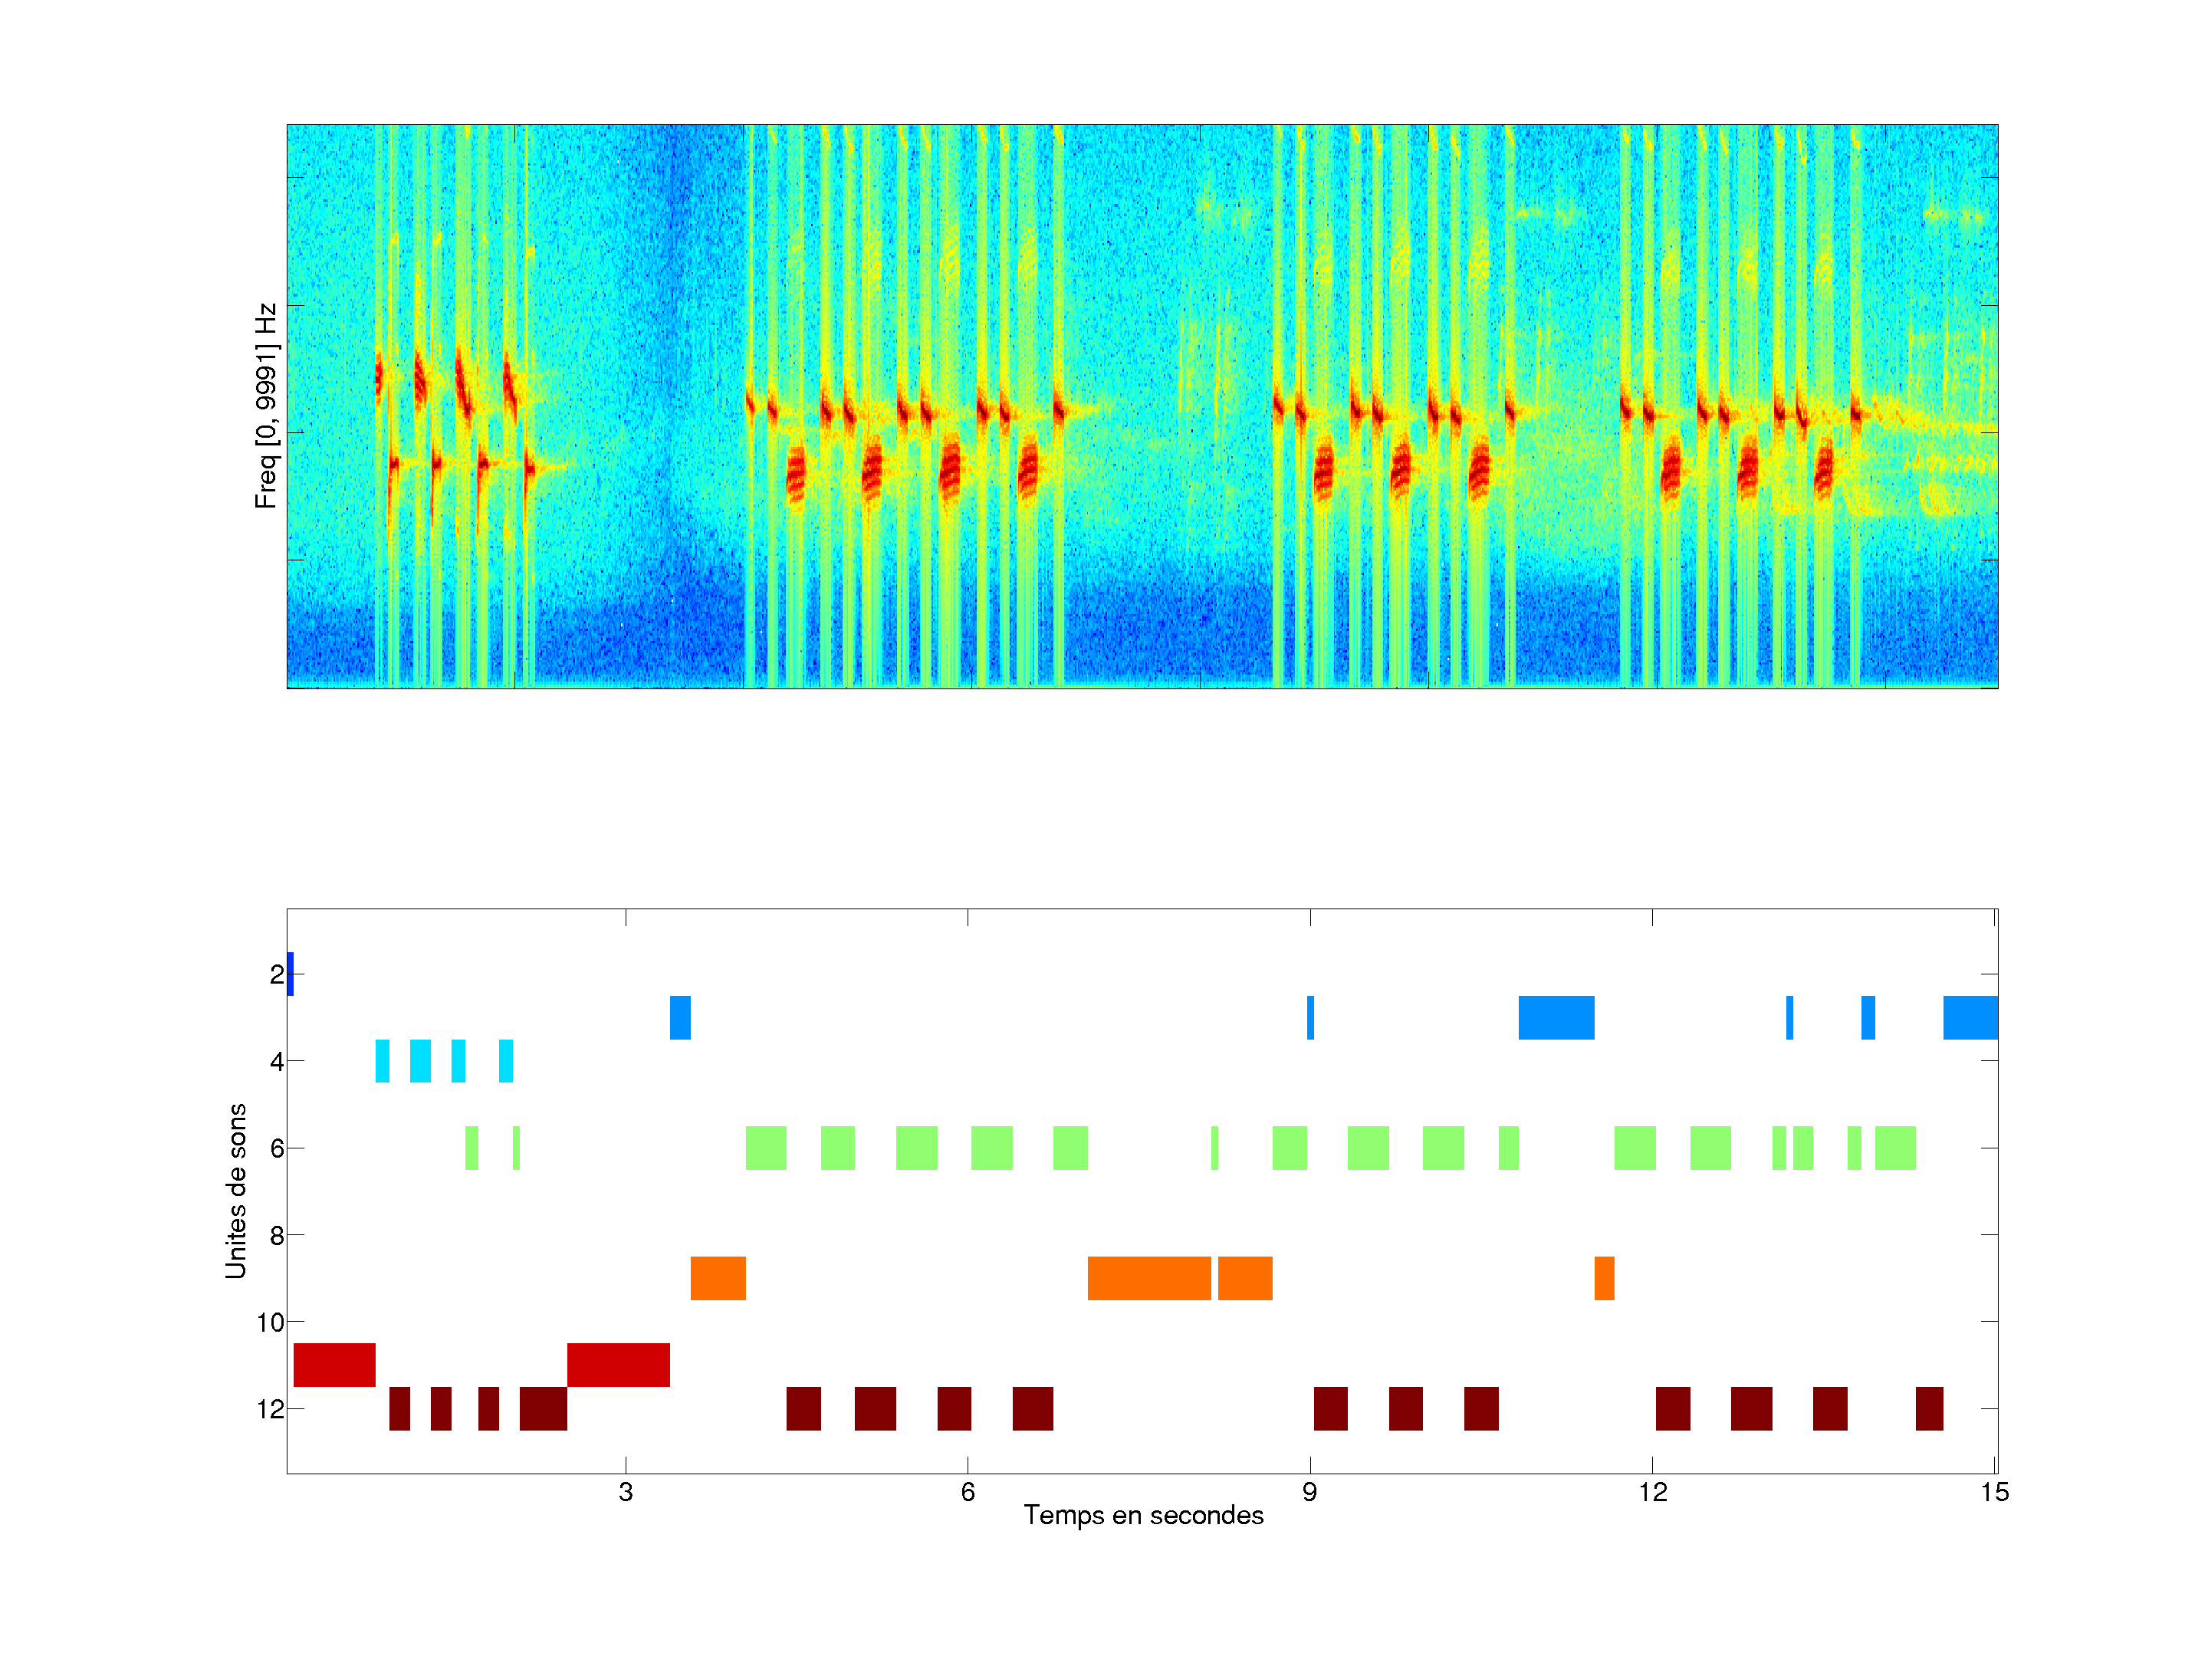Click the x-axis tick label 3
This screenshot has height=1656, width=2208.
click(625, 1492)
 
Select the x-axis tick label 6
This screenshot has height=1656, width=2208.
click(968, 1492)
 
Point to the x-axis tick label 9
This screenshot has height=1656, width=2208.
click(1309, 1492)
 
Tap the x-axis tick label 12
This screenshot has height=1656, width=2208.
click(1652, 1492)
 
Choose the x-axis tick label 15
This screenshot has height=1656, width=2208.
click(1994, 1492)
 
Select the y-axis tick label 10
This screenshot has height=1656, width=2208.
click(270, 1322)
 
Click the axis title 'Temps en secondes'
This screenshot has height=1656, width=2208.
click(1143, 1515)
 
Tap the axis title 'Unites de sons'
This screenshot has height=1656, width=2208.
click(235, 1191)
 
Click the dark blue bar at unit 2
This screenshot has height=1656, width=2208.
click(290, 974)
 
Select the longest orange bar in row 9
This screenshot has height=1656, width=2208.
click(1149, 1279)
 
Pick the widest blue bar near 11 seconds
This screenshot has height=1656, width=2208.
click(1556, 1018)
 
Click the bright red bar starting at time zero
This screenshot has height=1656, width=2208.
click(334, 1365)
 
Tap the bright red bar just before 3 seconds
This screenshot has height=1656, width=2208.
click(618, 1365)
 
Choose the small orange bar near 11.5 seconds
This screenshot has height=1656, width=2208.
click(1604, 1279)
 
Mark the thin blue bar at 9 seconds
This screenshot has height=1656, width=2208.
click(1311, 1018)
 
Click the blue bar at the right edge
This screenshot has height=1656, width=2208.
click(1970, 1018)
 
